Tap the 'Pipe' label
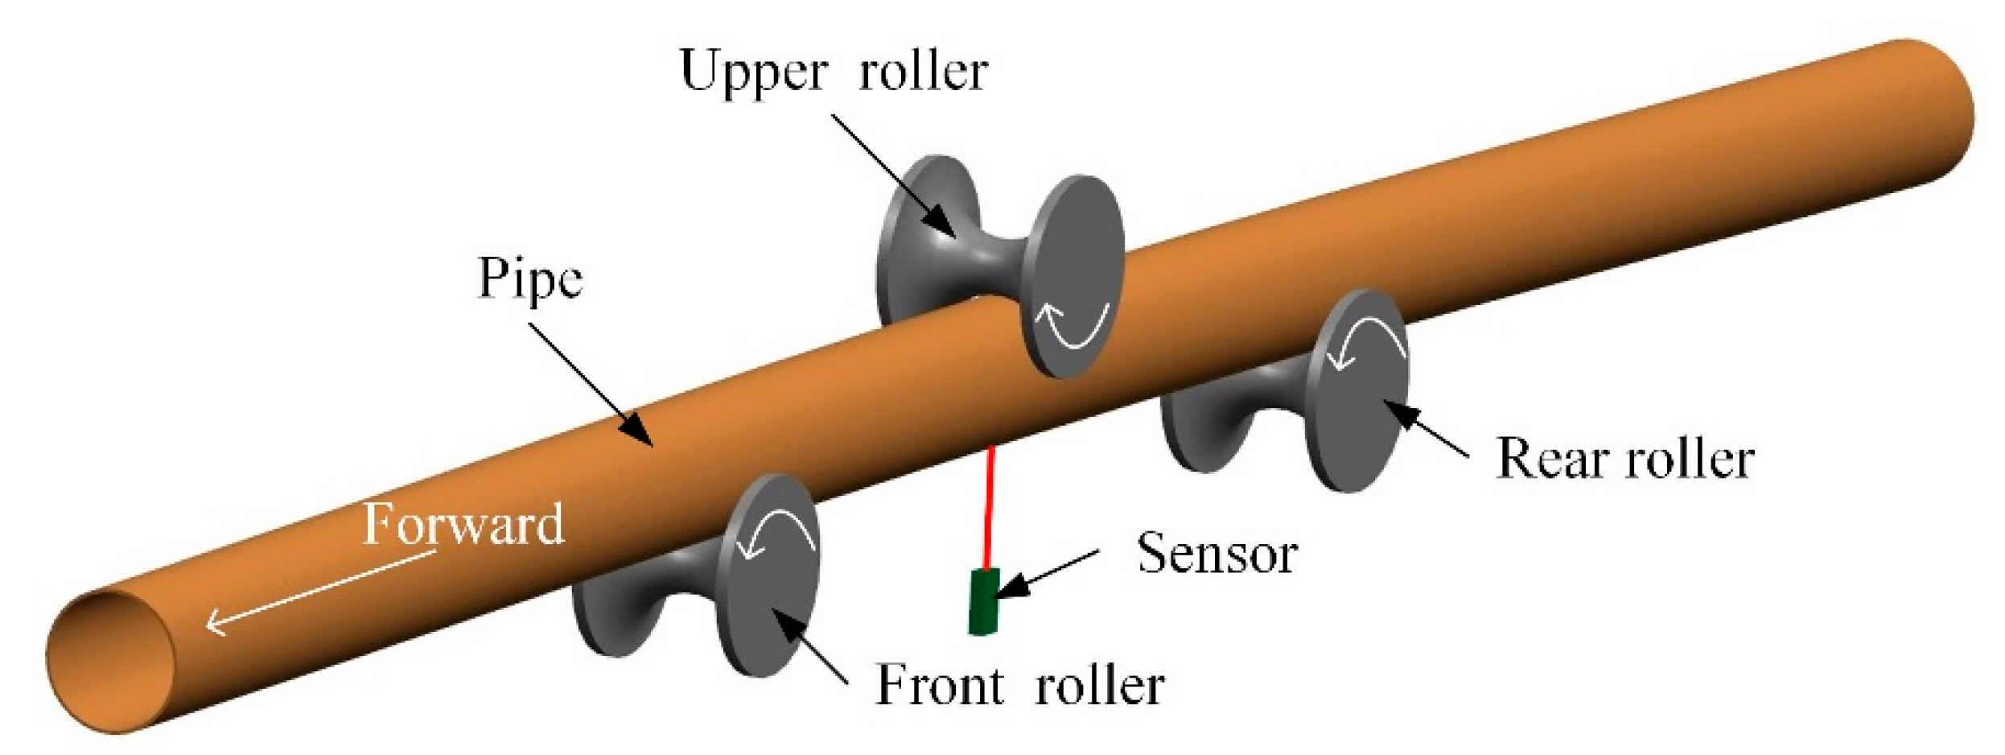(529, 280)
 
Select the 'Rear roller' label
(1624, 460)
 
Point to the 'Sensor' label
(1217, 555)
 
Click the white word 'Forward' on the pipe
(463, 525)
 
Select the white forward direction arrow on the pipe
(322, 592)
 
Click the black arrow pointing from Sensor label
(1046, 575)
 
